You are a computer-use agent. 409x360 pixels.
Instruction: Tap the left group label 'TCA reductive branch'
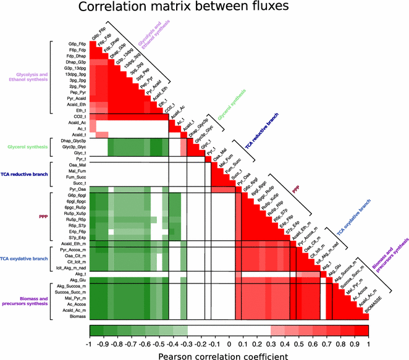coord(27,175)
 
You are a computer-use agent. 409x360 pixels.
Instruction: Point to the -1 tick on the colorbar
coord(90,343)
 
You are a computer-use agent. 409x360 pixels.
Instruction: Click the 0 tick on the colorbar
coord(229,343)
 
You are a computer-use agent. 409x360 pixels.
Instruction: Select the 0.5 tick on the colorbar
coord(299,343)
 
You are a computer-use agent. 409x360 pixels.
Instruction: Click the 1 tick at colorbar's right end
coord(369,343)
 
